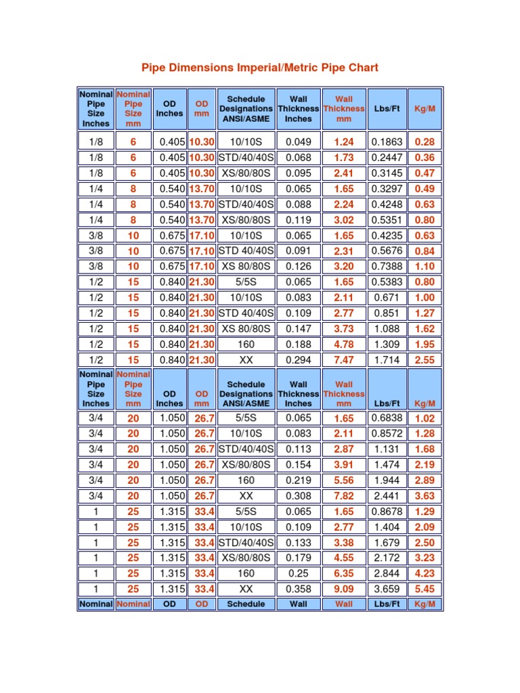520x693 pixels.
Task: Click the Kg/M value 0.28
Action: (425, 142)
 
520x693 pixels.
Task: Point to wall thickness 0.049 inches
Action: (298, 142)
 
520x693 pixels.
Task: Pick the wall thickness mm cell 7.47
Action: (344, 360)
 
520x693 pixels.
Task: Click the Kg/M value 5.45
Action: (425, 589)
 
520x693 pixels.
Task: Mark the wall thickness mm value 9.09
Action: (344, 589)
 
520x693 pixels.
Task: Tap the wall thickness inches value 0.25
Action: (298, 573)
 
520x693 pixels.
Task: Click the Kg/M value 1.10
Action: (425, 267)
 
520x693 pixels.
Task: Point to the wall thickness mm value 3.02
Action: (344, 220)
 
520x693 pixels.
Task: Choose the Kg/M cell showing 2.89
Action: (425, 480)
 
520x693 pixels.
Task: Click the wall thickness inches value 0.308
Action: (298, 496)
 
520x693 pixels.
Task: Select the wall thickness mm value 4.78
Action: (344, 344)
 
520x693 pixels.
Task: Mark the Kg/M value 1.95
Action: (425, 344)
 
